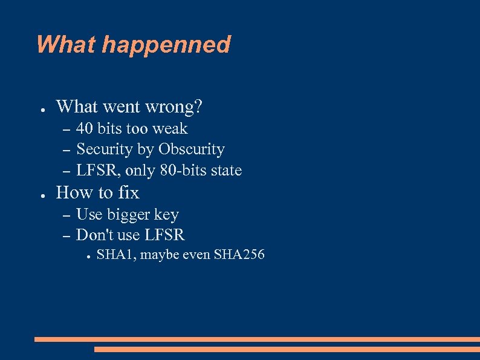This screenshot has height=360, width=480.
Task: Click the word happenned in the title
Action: [167, 45]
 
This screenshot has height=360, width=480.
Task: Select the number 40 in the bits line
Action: [85, 129]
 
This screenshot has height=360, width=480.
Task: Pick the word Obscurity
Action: [192, 149]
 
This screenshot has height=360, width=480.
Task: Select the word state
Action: [227, 171]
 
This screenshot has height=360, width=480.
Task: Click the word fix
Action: [128, 193]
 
